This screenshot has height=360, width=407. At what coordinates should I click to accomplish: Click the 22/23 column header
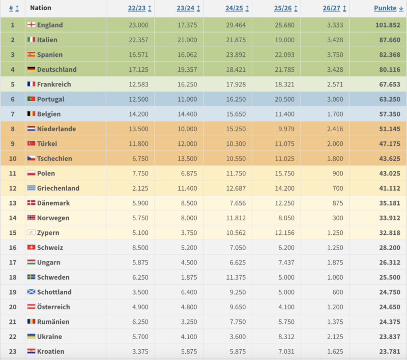point(137,8)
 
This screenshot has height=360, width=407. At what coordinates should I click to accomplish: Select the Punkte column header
point(385,8)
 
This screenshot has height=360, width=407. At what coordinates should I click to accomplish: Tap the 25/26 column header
point(283,8)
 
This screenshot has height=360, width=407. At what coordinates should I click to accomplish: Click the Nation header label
point(41,8)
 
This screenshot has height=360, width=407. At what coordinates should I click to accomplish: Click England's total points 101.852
point(388,25)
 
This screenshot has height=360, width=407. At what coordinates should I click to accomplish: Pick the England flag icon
point(31,24)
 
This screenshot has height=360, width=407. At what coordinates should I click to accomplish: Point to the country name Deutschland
point(57,70)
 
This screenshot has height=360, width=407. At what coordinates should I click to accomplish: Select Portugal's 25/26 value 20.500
point(285,99)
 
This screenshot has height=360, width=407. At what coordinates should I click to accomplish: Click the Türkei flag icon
point(31,143)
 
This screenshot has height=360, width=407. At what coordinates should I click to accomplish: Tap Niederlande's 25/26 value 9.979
point(286,129)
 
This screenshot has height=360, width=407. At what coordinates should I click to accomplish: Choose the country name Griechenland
point(58,188)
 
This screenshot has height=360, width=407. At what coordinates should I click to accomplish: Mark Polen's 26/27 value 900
point(338,173)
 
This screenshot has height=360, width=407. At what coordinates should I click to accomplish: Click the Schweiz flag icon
point(31,247)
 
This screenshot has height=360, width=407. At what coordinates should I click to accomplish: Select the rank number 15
point(13,233)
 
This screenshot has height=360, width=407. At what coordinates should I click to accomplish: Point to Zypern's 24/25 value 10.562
point(236,233)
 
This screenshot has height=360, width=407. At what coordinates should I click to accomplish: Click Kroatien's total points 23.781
point(390,352)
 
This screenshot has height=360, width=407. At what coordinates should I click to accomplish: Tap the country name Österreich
point(53,307)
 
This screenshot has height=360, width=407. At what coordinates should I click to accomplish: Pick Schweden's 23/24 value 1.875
point(189,278)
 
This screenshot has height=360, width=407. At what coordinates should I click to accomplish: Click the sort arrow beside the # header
point(17,8)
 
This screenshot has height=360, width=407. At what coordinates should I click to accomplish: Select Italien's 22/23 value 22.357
point(138,40)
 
